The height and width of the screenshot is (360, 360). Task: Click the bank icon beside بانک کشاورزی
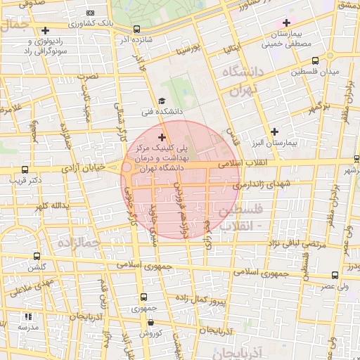pyautogui.click(x=90, y=13)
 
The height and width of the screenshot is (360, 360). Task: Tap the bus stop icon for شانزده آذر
pyautogui.click(x=136, y=30)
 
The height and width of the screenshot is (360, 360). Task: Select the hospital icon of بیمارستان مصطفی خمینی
pyautogui.click(x=286, y=22)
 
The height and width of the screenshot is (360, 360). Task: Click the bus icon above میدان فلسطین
pyautogui.click(x=314, y=60)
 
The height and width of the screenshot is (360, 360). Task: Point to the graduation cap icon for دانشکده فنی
pyautogui.click(x=162, y=101)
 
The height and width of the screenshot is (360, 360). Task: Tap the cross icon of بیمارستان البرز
pyautogui.click(x=274, y=131)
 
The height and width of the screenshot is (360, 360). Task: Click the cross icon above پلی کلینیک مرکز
pyautogui.click(x=162, y=136)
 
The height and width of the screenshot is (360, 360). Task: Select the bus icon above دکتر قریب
pyautogui.click(x=25, y=169)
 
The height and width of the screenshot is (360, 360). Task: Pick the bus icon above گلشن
pyautogui.click(x=36, y=257)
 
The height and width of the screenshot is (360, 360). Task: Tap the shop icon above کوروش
pyautogui.click(x=150, y=322)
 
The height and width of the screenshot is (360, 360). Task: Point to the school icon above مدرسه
pyautogui.click(x=27, y=317)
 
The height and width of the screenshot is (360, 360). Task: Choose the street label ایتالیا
pyautogui.click(x=232, y=51)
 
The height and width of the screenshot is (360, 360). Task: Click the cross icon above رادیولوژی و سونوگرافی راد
pyautogui.click(x=46, y=30)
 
